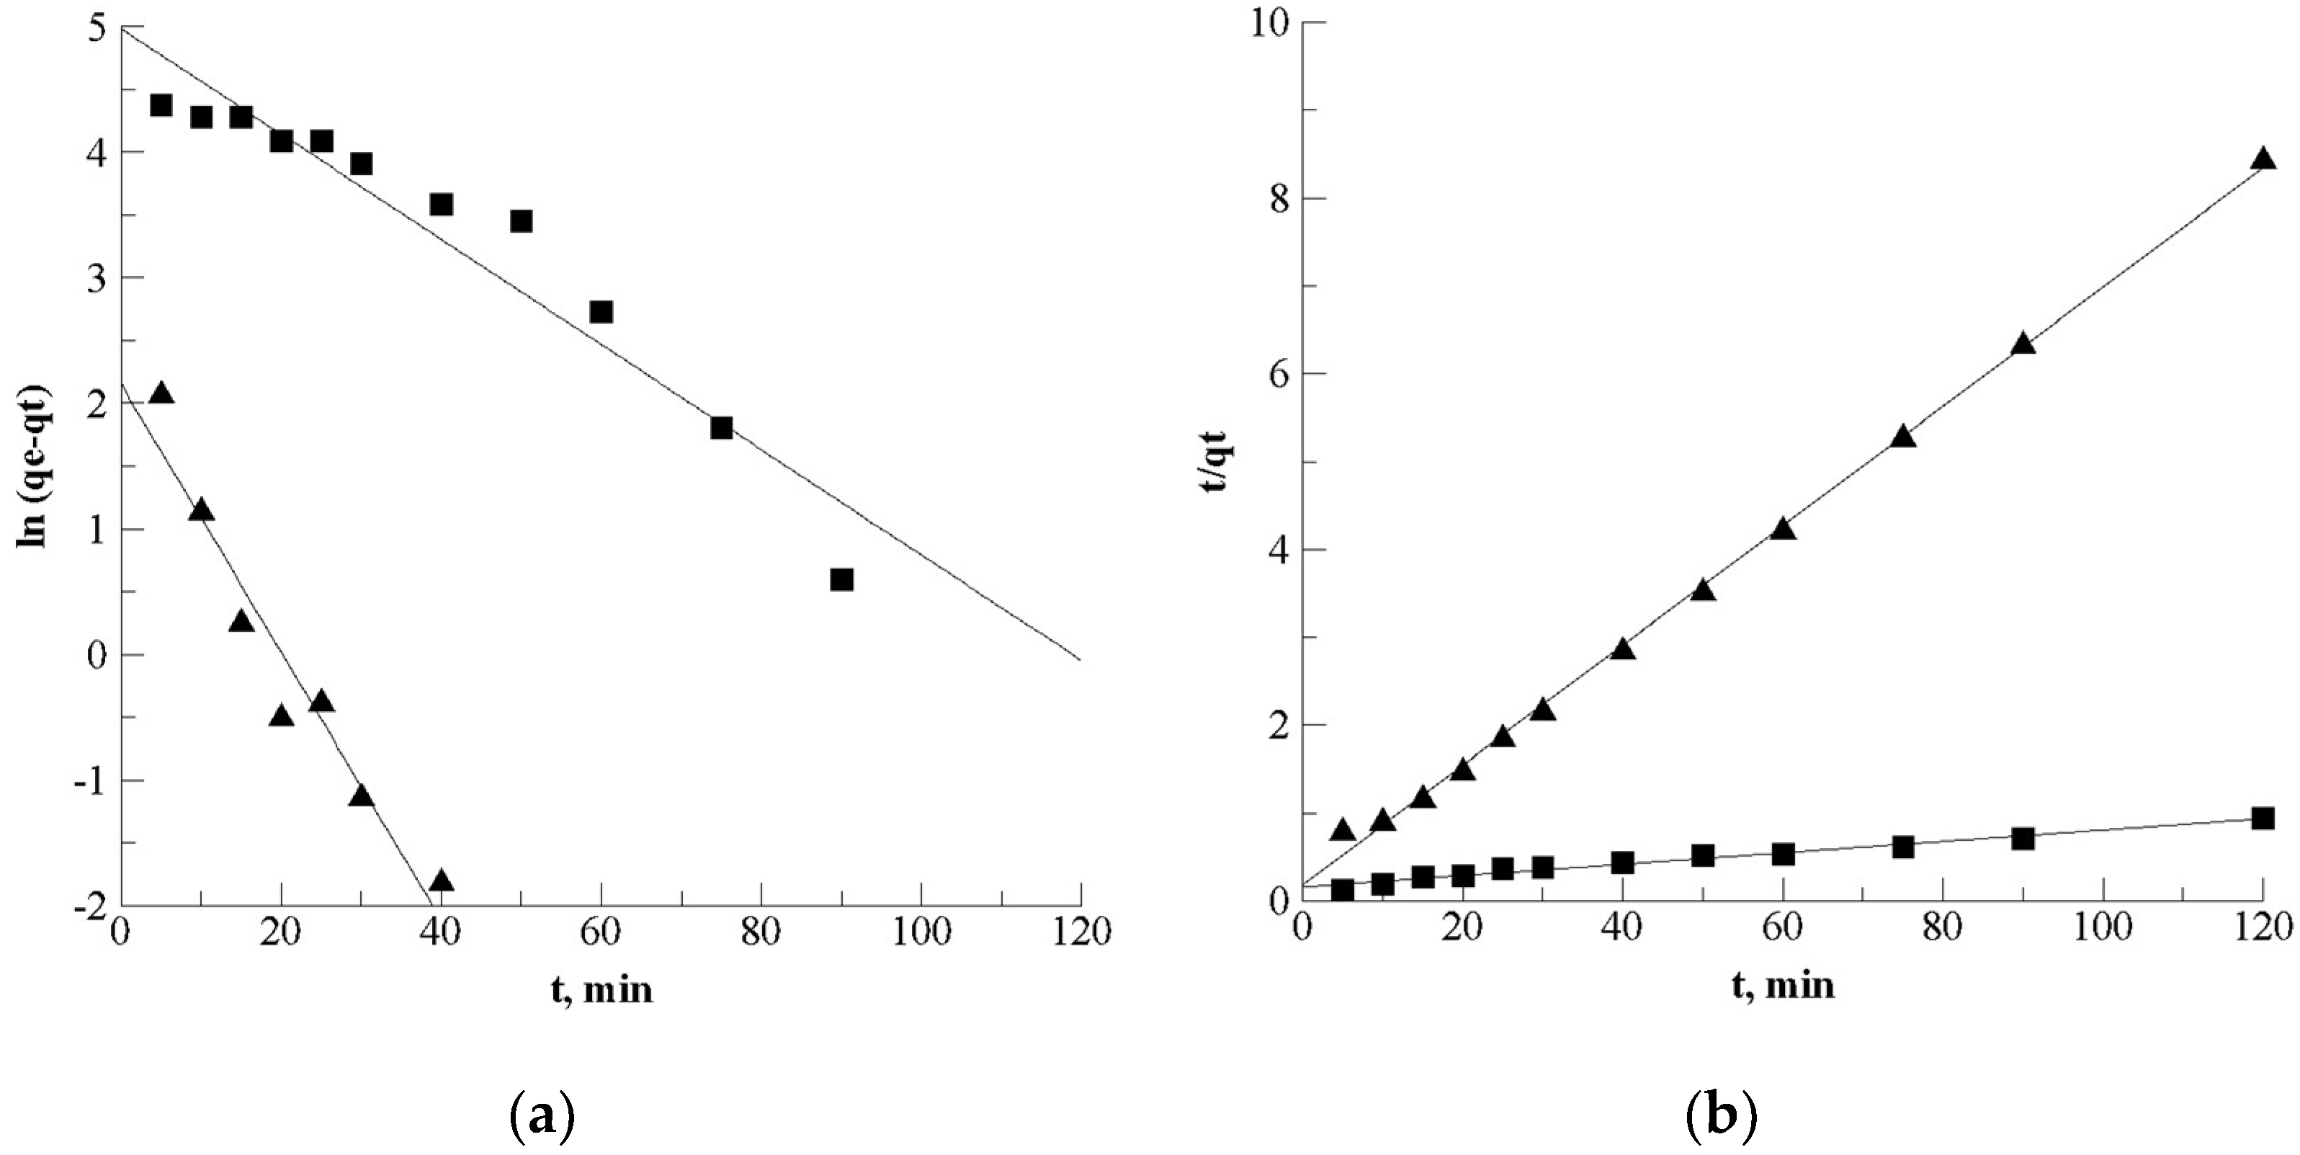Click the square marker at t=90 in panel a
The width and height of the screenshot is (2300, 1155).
(x=841, y=580)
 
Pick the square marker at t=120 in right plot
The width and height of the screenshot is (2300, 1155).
(x=2262, y=819)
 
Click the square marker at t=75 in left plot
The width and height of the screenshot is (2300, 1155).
(x=722, y=428)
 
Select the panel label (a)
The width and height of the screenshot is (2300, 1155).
(x=541, y=1117)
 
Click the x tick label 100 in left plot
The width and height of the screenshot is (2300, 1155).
(x=921, y=934)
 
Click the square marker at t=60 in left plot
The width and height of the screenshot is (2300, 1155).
(x=601, y=312)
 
